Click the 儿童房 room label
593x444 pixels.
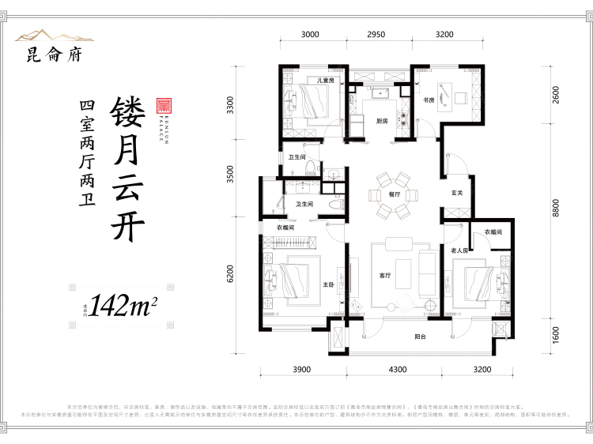click(x=327, y=81)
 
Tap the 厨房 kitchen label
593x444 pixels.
click(x=383, y=121)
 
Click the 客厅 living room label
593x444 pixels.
click(x=386, y=276)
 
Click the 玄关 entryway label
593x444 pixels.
click(x=457, y=191)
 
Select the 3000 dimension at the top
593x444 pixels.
click(x=310, y=35)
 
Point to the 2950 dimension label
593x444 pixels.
click(x=376, y=35)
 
